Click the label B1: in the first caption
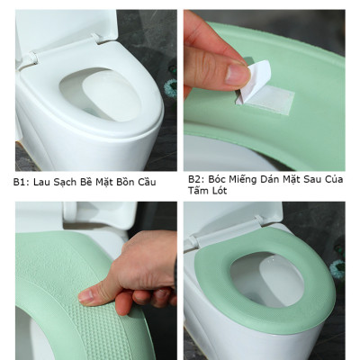click(21, 183)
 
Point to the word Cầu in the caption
click(146, 183)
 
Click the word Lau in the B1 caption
click(40, 183)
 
